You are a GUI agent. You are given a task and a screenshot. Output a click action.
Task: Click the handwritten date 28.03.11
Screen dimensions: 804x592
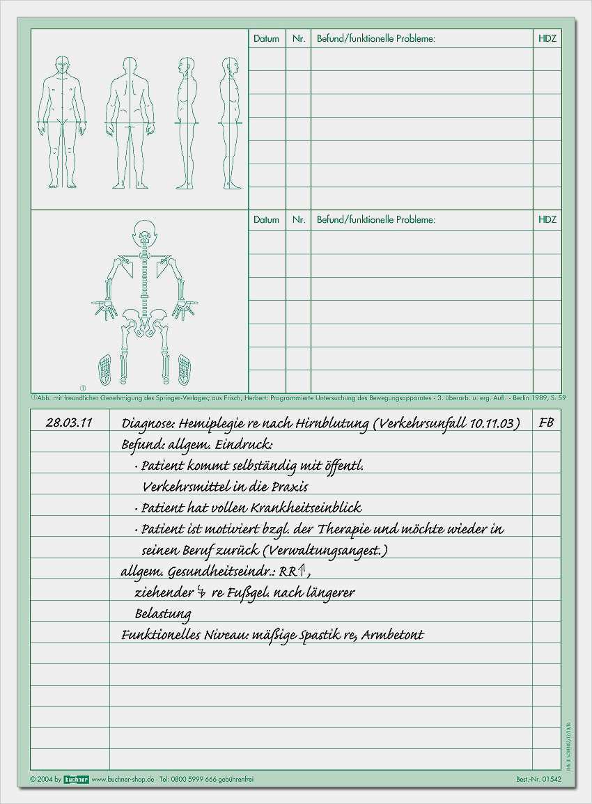pyautogui.click(x=68, y=423)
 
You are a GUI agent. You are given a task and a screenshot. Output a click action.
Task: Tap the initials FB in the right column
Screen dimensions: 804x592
pyautogui.click(x=547, y=423)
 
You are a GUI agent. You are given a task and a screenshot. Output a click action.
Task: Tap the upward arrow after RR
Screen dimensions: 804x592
pyautogui.click(x=302, y=571)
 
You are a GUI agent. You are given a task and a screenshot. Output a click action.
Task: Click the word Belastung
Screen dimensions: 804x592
pyautogui.click(x=163, y=613)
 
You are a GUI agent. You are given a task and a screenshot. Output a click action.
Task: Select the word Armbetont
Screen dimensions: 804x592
pyautogui.click(x=392, y=634)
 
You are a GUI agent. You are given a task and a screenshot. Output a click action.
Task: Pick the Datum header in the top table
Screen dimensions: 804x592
pyautogui.click(x=266, y=39)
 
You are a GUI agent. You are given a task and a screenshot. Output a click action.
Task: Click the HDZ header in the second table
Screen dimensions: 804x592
pyautogui.click(x=547, y=219)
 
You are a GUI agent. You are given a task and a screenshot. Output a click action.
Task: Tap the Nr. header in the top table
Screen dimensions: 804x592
pyautogui.click(x=299, y=39)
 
